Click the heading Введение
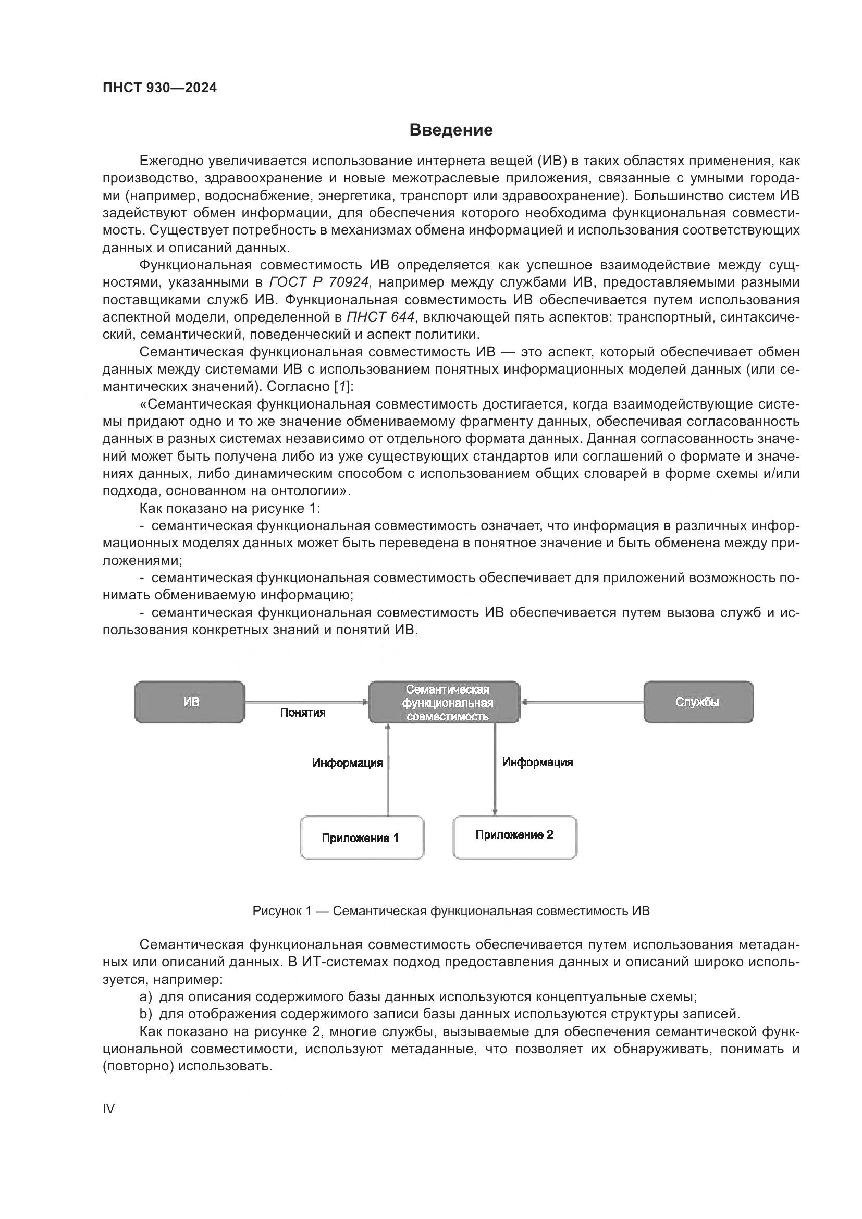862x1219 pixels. (x=451, y=130)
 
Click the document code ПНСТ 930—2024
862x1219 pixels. (x=160, y=88)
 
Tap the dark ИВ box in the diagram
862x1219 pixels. (x=190, y=702)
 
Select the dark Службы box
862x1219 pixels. (x=698, y=702)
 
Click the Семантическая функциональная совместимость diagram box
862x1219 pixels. (x=444, y=702)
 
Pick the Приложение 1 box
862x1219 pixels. (x=362, y=839)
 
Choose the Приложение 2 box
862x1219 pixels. (x=514, y=835)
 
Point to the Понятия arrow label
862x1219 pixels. (x=303, y=713)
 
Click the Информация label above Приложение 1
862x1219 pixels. (x=347, y=763)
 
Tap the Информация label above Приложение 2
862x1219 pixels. (x=538, y=762)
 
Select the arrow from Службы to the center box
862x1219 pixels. (x=582, y=702)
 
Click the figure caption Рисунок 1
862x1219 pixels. (x=451, y=911)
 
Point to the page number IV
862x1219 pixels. (x=108, y=1109)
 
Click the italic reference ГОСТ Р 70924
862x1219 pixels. (x=319, y=282)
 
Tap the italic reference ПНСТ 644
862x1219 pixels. (x=380, y=317)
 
